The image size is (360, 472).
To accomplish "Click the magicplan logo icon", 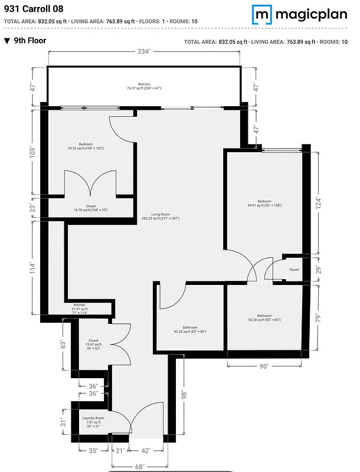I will tap(261, 14).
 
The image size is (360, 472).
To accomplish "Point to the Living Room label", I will tap(165, 216).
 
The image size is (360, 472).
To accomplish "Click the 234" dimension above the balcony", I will tap(144, 52).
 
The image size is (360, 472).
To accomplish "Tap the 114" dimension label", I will tap(34, 268).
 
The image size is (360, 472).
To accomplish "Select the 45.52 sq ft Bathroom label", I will tap(190, 330).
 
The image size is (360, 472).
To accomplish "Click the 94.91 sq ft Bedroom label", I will tap(264, 203).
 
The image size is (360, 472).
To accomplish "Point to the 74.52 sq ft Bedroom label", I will tap(86, 146).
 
